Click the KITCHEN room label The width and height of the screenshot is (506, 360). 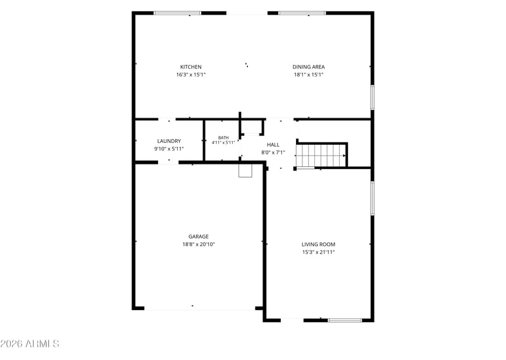coord(191,67)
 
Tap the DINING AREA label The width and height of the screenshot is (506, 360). coord(309,67)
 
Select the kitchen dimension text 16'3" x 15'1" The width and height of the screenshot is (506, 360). coord(191,75)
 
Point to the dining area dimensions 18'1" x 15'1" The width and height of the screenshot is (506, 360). coord(309,75)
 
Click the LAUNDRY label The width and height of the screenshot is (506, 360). coord(169,141)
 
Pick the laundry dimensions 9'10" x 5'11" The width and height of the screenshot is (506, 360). coord(169,149)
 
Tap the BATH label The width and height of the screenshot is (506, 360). coord(223,137)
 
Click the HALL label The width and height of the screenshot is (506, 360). coord(273,145)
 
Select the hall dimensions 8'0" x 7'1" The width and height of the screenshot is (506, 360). coord(273,152)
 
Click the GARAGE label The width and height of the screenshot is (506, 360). coord(199,237)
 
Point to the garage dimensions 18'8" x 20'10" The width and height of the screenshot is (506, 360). coord(199,244)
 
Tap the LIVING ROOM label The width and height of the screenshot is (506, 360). coord(318,244)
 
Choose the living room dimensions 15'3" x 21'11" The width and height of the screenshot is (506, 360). coord(318,252)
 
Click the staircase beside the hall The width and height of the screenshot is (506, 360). coord(321,155)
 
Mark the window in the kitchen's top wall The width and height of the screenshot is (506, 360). coord(177,13)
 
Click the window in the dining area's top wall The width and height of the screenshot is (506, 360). coord(302,13)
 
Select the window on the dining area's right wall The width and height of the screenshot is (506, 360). coord(372,97)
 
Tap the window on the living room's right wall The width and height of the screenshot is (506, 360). coord(372,198)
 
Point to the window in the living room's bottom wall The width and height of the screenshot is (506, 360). coord(345,320)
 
